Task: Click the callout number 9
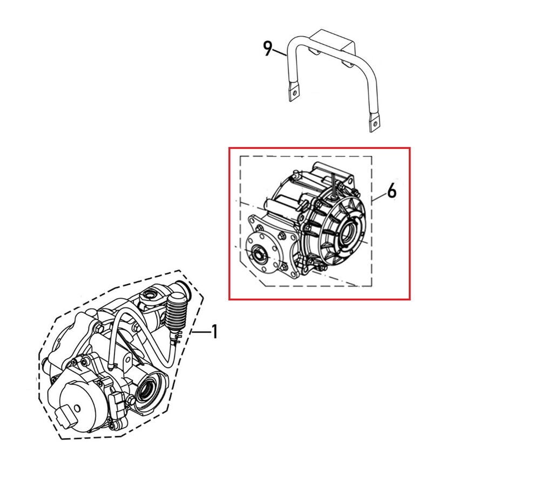coord(268,49)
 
